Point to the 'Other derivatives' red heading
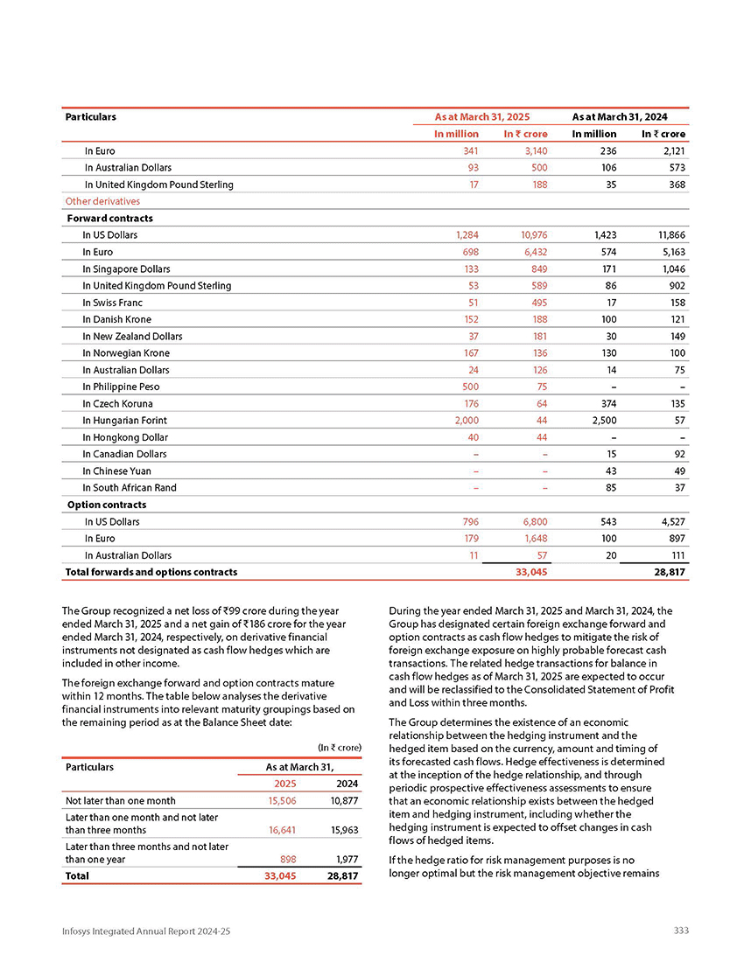pos(102,201)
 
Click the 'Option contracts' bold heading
pos(107,505)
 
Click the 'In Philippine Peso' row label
pos(121,387)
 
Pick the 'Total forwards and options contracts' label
pos(151,572)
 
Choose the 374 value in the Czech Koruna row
pos(606,404)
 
